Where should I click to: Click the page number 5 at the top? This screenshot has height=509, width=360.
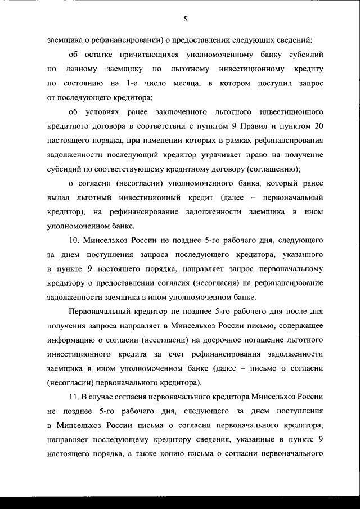[x=185, y=19]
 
